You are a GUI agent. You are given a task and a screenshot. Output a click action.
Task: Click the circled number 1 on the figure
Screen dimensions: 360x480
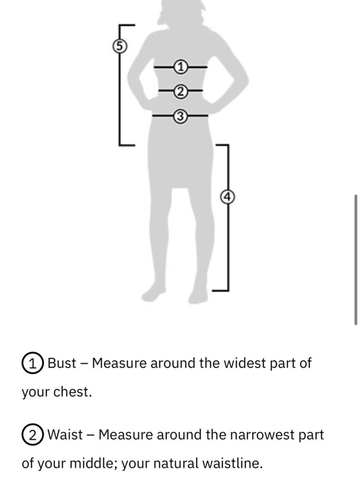pos(181,67)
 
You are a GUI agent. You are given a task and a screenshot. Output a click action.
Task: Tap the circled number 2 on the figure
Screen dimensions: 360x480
pos(181,91)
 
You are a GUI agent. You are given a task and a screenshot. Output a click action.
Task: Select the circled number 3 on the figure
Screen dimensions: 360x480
pos(181,116)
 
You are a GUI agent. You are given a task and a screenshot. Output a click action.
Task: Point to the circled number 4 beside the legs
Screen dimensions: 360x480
pos(228,197)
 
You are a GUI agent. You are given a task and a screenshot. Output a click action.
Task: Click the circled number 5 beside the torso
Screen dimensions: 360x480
pos(120,46)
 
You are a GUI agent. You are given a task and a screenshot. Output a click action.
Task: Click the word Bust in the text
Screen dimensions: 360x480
pos(62,363)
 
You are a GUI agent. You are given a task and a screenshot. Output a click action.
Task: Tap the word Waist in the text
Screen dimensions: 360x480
pos(65,435)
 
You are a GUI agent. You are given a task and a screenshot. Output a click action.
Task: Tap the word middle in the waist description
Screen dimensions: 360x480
pos(94,463)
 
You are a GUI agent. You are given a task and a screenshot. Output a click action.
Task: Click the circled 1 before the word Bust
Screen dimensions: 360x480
pos(32,363)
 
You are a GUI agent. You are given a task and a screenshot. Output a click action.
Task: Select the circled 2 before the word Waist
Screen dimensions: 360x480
pos(32,435)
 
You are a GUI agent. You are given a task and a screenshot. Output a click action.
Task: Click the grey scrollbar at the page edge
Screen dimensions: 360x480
pos(356,260)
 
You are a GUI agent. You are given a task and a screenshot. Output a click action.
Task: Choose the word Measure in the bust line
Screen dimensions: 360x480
pos(120,363)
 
